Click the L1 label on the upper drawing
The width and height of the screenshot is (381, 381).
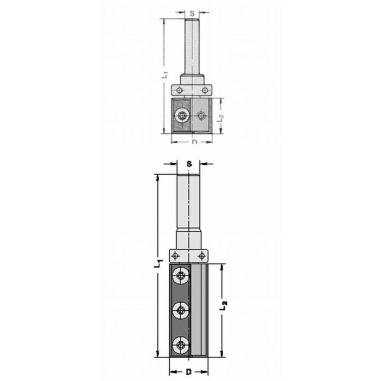coord(167,75)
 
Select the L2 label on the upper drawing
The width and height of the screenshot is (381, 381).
coord(220,116)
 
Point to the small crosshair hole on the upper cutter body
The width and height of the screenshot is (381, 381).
coord(202,115)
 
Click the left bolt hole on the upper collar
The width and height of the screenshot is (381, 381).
coord(180,90)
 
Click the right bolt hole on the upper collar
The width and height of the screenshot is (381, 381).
coord(205,90)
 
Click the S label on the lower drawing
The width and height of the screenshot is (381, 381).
coord(188,163)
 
